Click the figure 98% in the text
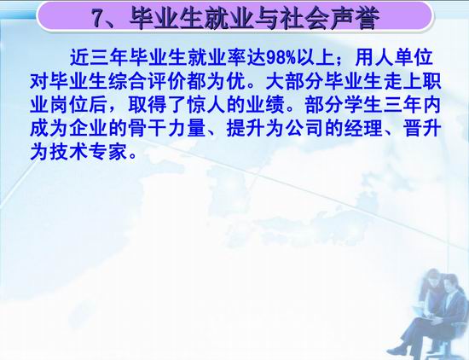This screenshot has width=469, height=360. coord(281,58)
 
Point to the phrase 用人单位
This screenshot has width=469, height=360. coord(394,57)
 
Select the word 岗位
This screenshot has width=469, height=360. coord(69,105)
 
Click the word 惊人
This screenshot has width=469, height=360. coord(206,105)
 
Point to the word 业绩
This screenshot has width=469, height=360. coord(265,105)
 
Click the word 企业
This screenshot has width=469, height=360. coord(89,128)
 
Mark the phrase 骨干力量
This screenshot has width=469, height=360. coord(167,128)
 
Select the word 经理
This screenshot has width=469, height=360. coord(363,128)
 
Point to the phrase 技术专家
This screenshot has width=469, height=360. coord(89,152)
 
